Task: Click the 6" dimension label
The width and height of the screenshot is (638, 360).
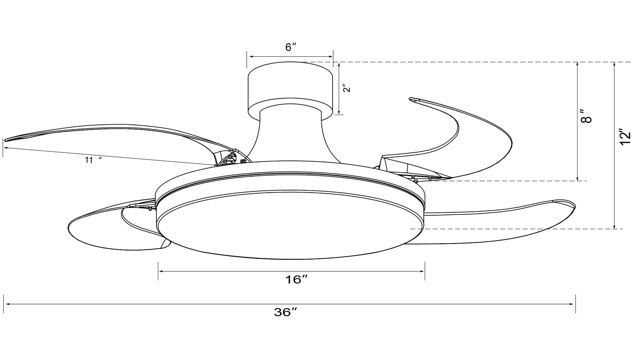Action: click(291, 47)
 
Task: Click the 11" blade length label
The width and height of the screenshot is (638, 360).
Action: click(93, 160)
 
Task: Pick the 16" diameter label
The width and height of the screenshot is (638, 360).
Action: click(296, 280)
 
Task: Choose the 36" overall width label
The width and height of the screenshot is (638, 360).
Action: click(286, 312)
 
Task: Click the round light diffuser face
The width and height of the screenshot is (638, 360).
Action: click(291, 225)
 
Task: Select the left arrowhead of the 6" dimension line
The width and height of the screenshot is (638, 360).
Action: click(251, 57)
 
